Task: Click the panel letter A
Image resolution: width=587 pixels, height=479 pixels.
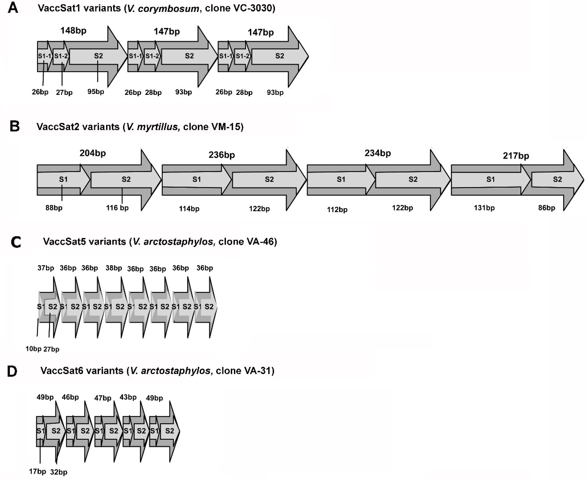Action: (x=13, y=8)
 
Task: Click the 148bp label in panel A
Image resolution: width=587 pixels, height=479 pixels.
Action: (x=73, y=30)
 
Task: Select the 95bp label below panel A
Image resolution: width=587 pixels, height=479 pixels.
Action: (x=96, y=92)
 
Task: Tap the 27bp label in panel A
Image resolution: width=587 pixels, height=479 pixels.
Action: (x=64, y=92)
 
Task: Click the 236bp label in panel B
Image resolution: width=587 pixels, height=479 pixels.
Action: (x=222, y=155)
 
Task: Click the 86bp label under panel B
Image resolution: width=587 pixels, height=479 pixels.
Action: (x=546, y=208)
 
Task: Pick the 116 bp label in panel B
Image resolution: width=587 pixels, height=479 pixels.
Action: (x=117, y=208)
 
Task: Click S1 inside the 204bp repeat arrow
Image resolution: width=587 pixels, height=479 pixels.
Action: (x=63, y=179)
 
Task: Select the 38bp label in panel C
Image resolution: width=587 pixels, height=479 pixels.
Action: (x=114, y=268)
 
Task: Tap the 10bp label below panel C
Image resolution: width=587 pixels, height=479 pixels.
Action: (x=33, y=349)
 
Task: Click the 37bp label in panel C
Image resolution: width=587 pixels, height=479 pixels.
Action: (x=46, y=268)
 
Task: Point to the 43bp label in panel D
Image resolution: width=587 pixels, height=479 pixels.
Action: (x=128, y=397)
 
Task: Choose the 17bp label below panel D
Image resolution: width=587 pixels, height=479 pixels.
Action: (x=38, y=471)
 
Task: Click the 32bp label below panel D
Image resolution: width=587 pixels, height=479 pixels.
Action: (x=59, y=472)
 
